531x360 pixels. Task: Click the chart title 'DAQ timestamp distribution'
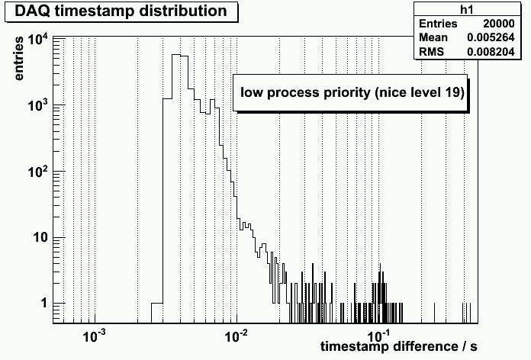click(121, 11)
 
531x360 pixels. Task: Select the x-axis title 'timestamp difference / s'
click(399, 346)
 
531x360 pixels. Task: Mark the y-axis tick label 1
click(42, 304)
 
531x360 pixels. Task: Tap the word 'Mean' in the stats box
click(432, 37)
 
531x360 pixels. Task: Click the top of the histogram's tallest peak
click(179, 55)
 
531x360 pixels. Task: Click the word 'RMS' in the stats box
click(430, 51)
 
